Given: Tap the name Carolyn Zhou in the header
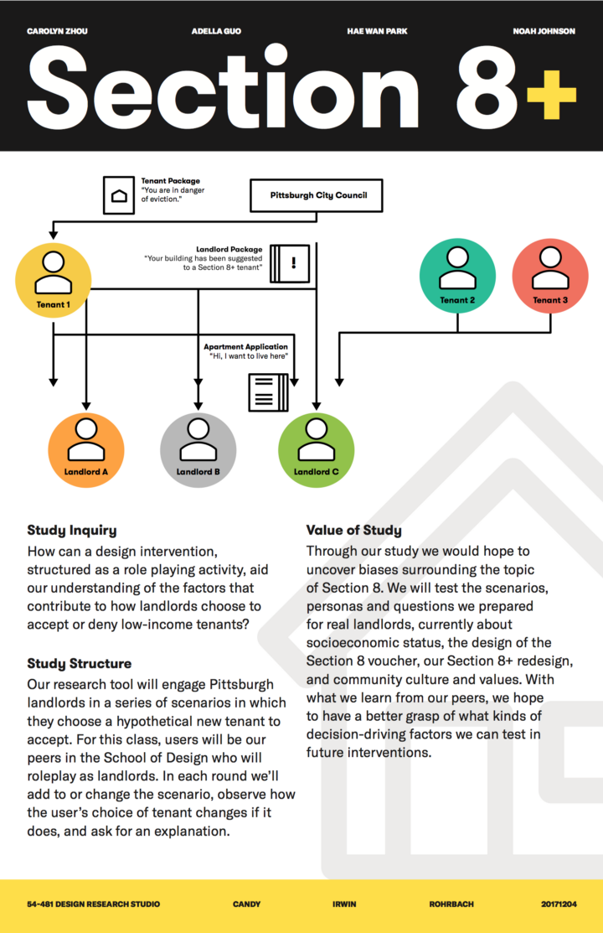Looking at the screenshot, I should (x=57, y=31).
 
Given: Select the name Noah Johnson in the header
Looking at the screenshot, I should (x=544, y=31).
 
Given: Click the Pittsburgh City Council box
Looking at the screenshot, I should (x=317, y=195).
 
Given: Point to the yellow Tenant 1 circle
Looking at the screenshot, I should (x=53, y=279).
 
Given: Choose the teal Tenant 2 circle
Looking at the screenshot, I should (x=457, y=275).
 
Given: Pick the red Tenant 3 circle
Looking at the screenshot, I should (x=549, y=275).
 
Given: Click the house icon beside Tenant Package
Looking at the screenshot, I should (x=120, y=194).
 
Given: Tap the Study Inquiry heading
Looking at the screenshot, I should (x=72, y=530).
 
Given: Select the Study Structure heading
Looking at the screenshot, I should (x=79, y=664).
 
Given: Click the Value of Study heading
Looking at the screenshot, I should (x=353, y=530).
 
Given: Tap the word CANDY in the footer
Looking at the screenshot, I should (x=246, y=904).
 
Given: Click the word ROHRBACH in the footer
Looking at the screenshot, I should (x=451, y=904).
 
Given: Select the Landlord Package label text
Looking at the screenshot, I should (x=229, y=250).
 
